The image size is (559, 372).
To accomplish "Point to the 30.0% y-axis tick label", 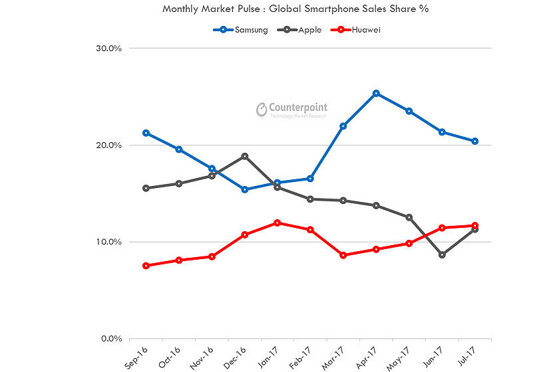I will tap(107, 48).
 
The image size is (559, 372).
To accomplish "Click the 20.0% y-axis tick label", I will tap(107, 145).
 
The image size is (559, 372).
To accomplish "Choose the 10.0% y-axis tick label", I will tap(107, 242).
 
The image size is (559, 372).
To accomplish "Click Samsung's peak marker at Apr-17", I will tap(376, 94).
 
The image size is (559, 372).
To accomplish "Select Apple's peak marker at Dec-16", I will tap(245, 156).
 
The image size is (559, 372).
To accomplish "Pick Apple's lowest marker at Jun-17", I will tap(442, 254).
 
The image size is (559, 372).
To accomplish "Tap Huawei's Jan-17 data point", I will tap(278, 223).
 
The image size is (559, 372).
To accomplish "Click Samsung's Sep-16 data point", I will tap(146, 133).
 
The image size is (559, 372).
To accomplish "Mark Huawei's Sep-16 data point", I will tap(146, 266).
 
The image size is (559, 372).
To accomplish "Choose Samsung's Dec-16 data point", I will tap(245, 189).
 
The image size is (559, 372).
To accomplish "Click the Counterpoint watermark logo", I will tap(293, 110).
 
